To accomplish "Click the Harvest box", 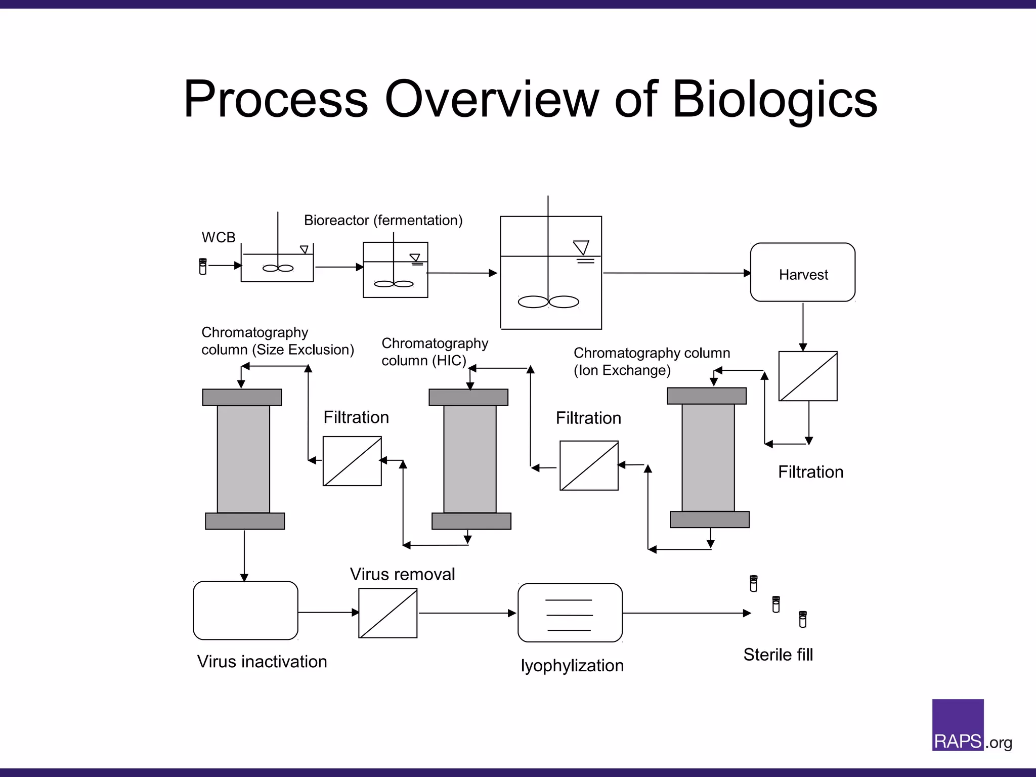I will (x=803, y=273).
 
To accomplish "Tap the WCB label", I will (x=219, y=237).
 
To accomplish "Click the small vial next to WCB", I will (x=203, y=267).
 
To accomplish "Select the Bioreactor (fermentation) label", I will (x=383, y=221).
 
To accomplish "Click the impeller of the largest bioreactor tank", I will (x=548, y=302).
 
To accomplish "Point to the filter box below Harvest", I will (x=808, y=376).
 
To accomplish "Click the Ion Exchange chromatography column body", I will (x=708, y=457).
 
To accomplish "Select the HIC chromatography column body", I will (x=469, y=459).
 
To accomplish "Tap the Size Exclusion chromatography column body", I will (x=243, y=459).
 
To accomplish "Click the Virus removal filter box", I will (x=388, y=613).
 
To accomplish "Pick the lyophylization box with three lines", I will (x=570, y=613).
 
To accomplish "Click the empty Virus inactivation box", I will (x=245, y=611).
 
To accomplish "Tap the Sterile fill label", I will (x=778, y=655).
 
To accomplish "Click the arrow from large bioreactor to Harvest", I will (x=675, y=273).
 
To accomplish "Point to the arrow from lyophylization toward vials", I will (x=685, y=613).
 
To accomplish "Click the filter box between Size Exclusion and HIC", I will (x=352, y=461).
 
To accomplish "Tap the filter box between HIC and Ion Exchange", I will (x=589, y=465).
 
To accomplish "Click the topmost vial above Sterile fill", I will (x=754, y=583).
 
